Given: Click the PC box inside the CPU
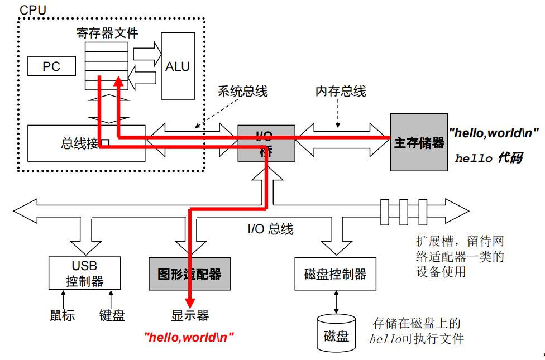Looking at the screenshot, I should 51,66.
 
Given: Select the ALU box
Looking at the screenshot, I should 178,66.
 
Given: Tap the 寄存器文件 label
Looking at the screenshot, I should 107,33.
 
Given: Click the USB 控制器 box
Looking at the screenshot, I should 84,272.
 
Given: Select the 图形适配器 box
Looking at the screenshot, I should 189,273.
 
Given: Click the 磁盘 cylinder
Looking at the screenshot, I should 335,334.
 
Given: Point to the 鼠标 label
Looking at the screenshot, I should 62,315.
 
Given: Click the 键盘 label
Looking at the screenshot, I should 112,315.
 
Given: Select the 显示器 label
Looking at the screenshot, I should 190,315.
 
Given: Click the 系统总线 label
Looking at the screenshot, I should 242,91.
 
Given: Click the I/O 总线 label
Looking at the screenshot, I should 270,229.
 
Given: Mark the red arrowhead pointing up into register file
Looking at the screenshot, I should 118,82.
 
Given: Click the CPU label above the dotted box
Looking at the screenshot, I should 33,9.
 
